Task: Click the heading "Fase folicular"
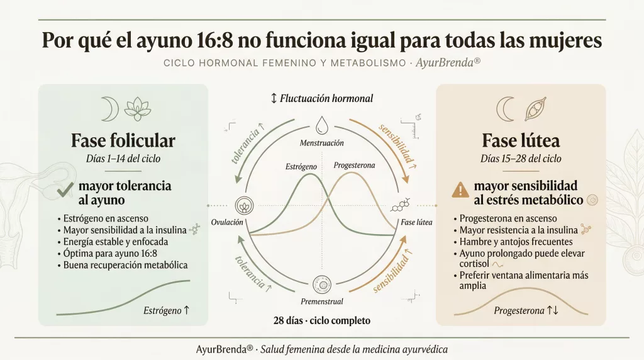[x=123, y=140]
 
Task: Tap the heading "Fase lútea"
[x=520, y=140]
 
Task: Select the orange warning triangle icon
[x=460, y=190]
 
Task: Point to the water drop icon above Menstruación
[x=321, y=123]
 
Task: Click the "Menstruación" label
[x=321, y=143]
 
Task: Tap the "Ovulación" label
[x=227, y=222]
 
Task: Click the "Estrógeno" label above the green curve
[x=301, y=167]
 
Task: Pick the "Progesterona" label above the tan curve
[x=354, y=165]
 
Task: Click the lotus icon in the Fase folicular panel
[x=137, y=109]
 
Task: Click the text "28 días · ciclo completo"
[x=322, y=320]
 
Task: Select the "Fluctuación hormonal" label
[x=322, y=98]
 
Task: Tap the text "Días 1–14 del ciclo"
[x=123, y=159]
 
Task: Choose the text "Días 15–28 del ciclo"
[x=521, y=159]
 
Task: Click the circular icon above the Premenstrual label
[x=322, y=286]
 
